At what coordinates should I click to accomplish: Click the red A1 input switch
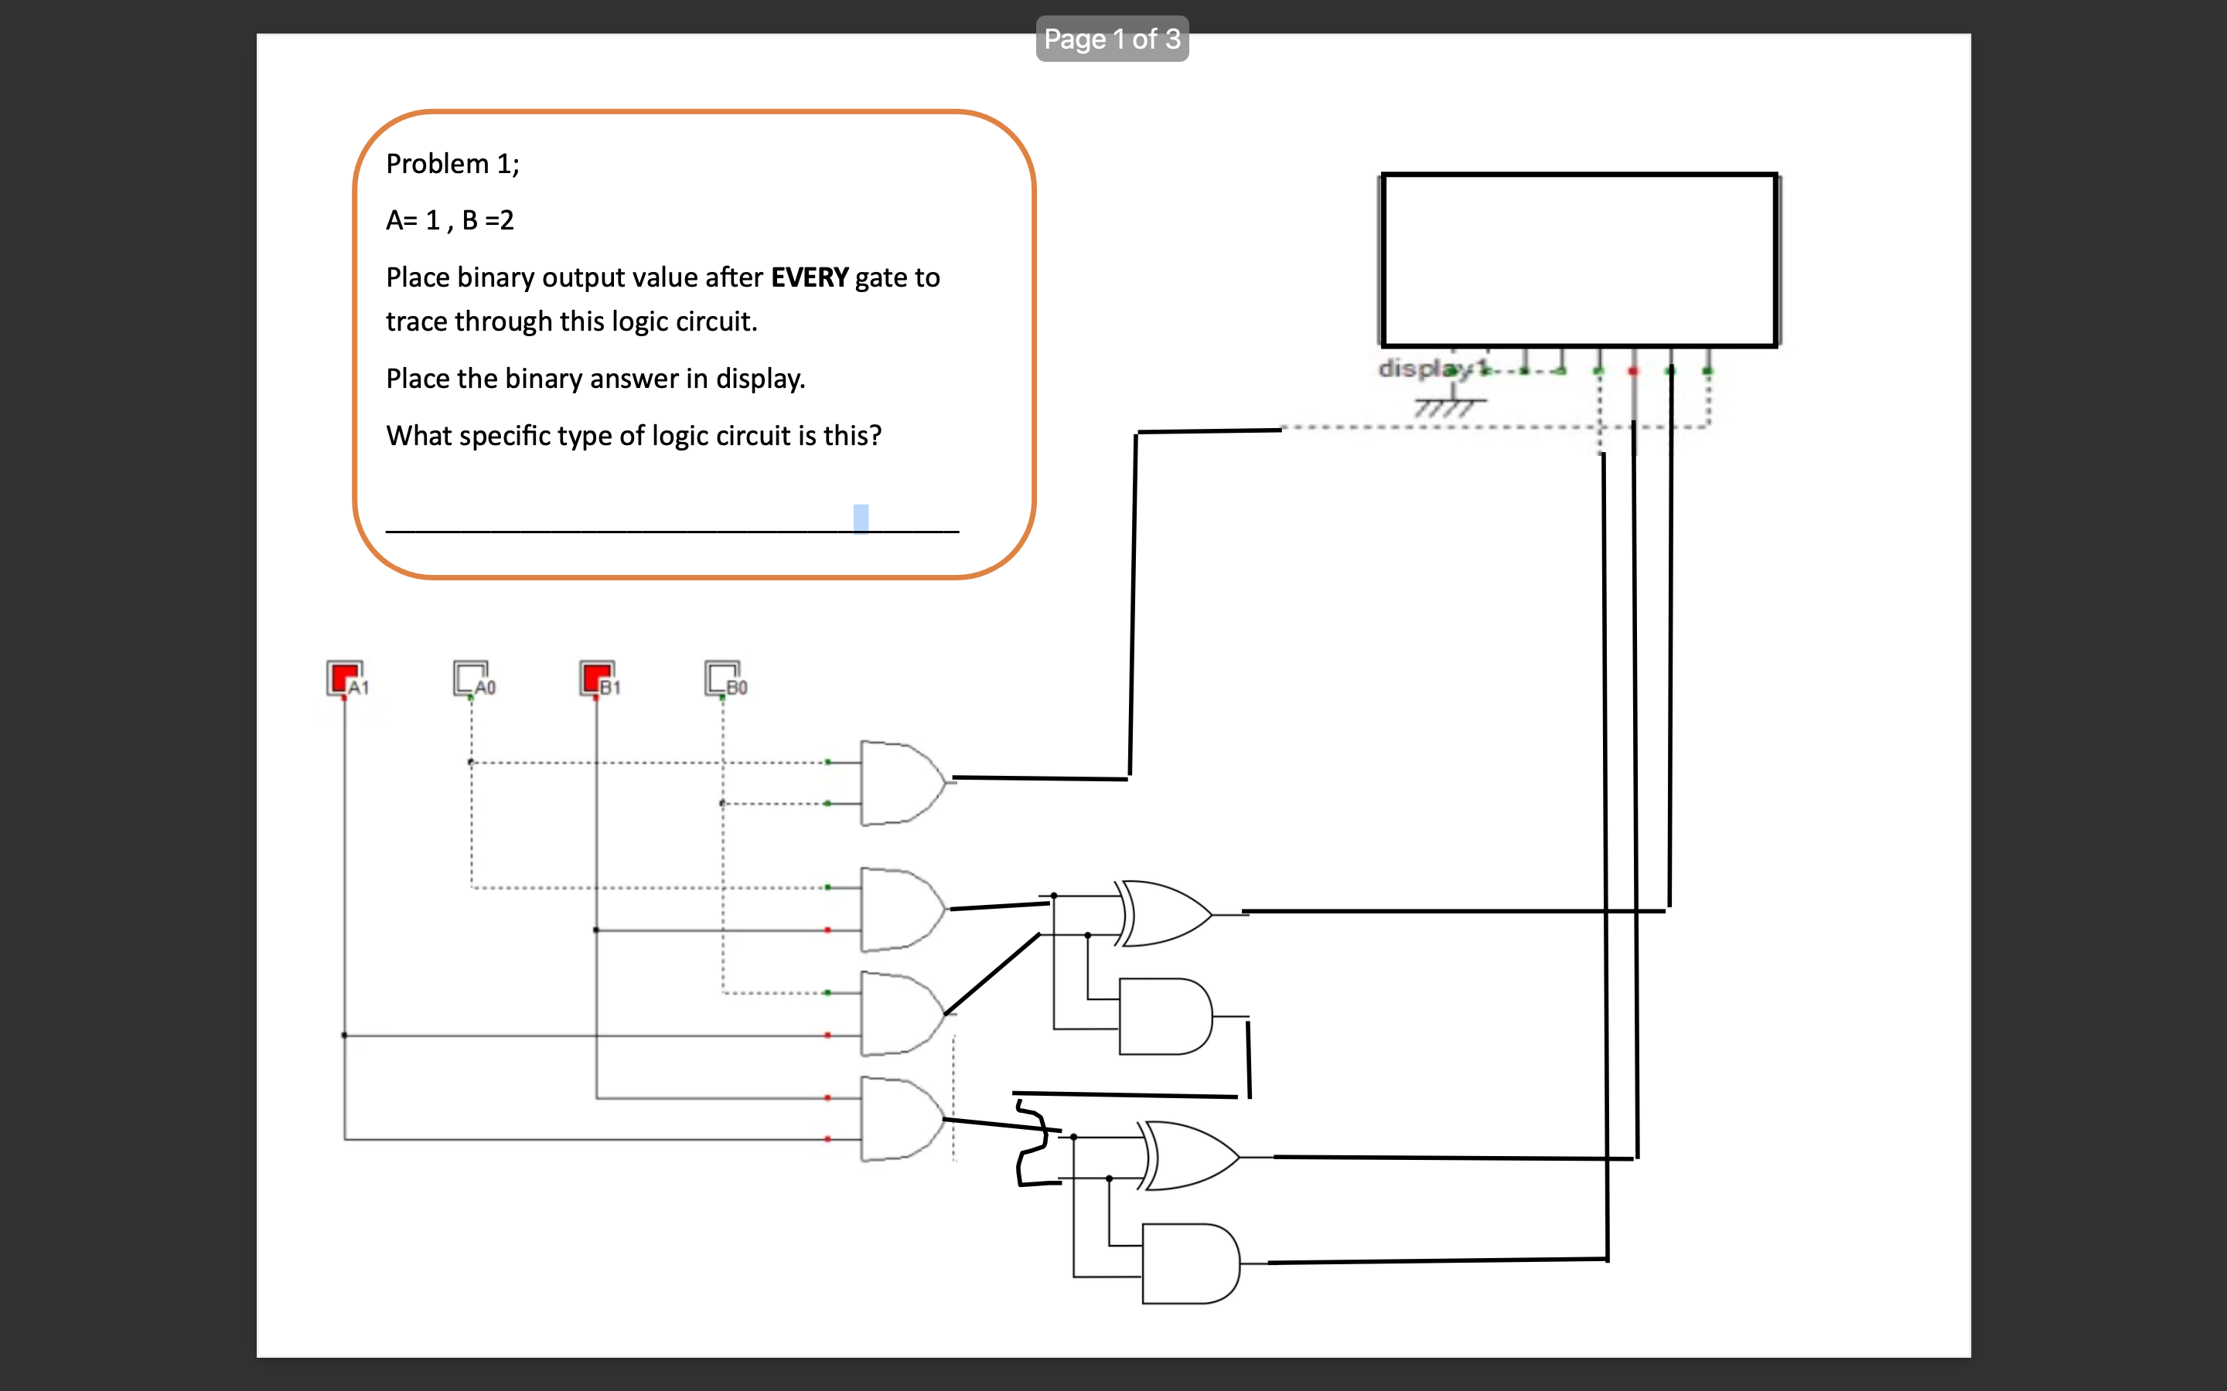[344, 678]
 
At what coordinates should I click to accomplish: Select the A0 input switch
[470, 678]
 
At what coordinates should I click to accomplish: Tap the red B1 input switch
[596, 678]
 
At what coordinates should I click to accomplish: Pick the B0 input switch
[721, 678]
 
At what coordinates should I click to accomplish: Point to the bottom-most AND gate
[1190, 1263]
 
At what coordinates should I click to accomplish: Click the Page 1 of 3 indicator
[1112, 39]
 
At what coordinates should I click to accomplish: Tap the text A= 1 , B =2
[450, 220]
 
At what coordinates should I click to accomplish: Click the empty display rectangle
[1579, 260]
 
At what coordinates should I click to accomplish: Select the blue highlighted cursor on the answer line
[861, 518]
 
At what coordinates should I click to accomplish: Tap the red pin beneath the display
[1633, 371]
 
